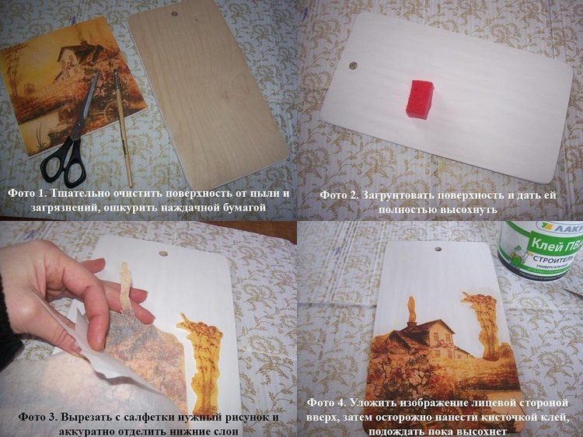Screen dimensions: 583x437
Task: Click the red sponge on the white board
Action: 420,99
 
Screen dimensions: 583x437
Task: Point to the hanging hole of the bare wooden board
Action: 174,14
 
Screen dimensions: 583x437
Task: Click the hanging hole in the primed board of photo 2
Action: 352,66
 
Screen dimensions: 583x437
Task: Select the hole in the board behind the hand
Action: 163,253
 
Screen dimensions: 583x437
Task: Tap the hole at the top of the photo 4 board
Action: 438,249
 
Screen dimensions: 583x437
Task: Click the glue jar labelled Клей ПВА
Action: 541,249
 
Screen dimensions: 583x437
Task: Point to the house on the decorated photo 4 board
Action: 428,338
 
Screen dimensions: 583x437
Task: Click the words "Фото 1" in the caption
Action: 26,194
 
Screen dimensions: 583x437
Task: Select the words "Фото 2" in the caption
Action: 339,195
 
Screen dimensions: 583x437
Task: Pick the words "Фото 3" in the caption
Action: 37,417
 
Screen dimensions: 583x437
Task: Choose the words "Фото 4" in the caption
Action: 327,403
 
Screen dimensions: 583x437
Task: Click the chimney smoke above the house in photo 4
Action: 411,309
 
